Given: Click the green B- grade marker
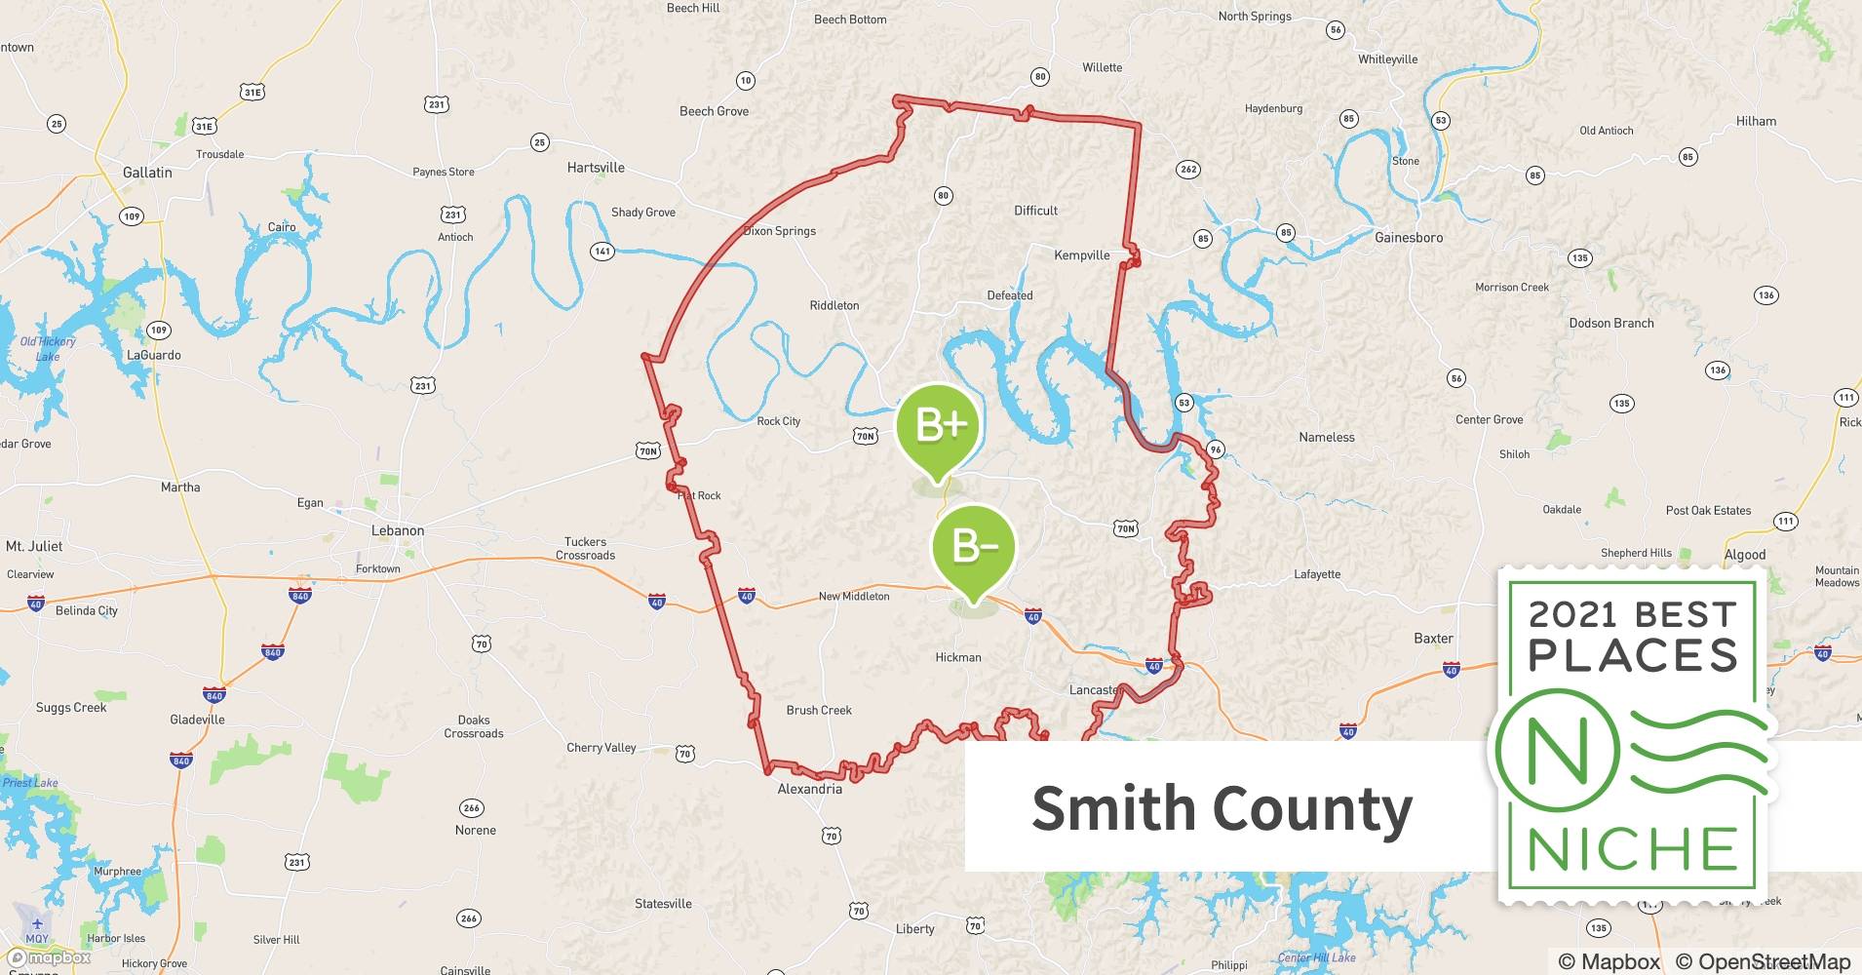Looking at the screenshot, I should (x=973, y=545).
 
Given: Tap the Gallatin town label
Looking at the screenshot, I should (x=147, y=173).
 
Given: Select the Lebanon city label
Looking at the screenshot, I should (x=398, y=531).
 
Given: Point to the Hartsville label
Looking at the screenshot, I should (x=596, y=168).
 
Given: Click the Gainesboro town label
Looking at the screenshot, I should (x=1408, y=238).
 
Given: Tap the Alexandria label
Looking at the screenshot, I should (x=809, y=789).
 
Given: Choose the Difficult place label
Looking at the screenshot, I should (x=1035, y=211).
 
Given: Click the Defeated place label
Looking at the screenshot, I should (x=1009, y=295).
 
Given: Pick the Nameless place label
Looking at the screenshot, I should (x=1326, y=438).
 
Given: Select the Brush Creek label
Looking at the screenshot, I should (x=819, y=711).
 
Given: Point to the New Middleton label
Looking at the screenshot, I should (x=854, y=597).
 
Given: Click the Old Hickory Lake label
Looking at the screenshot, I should (x=48, y=349).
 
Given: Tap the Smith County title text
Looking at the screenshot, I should (x=1222, y=809).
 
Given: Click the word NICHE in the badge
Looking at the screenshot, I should (x=1633, y=850).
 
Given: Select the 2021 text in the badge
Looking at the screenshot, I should (x=1576, y=615).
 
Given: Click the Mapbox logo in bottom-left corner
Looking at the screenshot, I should (x=49, y=957).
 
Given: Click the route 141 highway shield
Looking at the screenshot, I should (x=602, y=252).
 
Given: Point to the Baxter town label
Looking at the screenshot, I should (x=1433, y=639).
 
